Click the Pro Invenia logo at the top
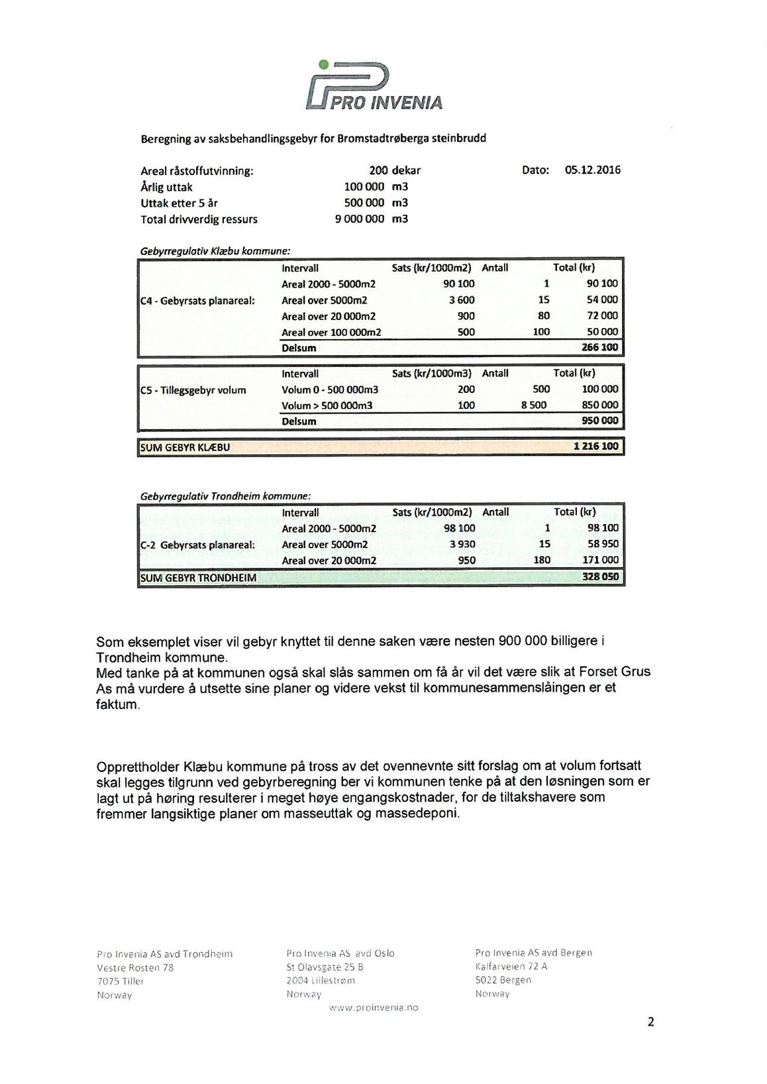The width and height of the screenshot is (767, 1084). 374,86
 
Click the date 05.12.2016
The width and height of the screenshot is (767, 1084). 592,170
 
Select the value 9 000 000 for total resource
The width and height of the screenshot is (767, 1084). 360,219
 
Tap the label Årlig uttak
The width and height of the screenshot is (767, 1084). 167,187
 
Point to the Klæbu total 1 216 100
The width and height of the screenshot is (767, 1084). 595,447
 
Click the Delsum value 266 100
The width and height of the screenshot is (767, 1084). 599,348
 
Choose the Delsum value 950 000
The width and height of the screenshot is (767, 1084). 599,421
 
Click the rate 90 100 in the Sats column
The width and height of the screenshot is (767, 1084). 459,284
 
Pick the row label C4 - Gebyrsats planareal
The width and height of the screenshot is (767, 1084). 197,300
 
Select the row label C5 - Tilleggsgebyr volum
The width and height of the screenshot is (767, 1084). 193,390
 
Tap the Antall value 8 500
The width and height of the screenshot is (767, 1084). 534,405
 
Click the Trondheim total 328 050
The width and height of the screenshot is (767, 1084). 600,577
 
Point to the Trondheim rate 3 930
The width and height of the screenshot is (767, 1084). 462,545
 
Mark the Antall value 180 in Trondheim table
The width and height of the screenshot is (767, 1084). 542,561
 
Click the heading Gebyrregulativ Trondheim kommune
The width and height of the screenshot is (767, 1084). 225,496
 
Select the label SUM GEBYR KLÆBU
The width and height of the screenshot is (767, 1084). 185,447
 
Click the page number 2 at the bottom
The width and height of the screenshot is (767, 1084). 650,1022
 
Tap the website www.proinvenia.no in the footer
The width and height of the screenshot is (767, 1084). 374,1008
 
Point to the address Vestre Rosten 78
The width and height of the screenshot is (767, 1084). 135,967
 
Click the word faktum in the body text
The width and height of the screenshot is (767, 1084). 117,704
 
